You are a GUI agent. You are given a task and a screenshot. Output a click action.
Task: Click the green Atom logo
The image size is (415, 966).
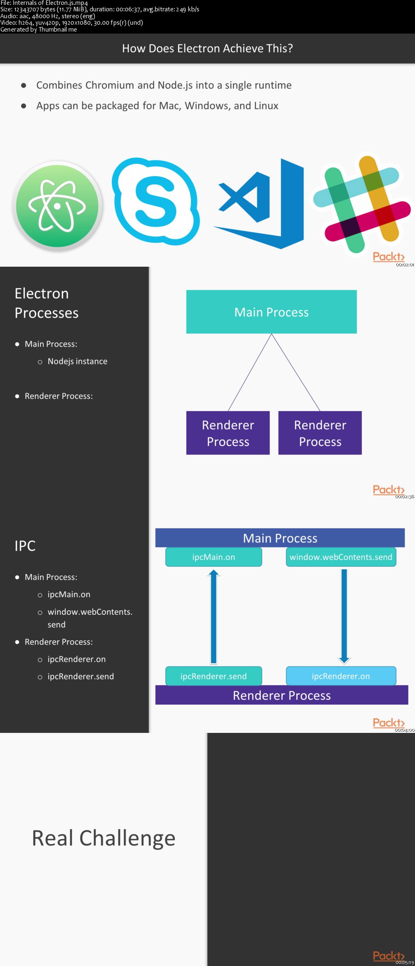(x=57, y=206)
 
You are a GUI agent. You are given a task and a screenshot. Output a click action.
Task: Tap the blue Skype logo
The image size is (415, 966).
(x=156, y=202)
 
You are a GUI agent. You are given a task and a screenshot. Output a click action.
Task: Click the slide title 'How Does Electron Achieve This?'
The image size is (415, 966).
(x=207, y=49)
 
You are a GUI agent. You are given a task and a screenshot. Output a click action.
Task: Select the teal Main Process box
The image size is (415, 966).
(x=272, y=312)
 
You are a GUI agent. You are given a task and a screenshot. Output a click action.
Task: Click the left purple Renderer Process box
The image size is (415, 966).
(x=228, y=433)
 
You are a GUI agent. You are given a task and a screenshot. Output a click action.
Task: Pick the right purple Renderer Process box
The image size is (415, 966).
(x=320, y=433)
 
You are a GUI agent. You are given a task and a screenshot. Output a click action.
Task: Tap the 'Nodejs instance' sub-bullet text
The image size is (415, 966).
(x=77, y=361)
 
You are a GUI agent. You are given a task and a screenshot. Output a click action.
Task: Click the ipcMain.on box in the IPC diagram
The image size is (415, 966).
(x=214, y=557)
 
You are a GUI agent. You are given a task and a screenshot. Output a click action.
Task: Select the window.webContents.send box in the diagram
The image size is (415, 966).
(x=341, y=557)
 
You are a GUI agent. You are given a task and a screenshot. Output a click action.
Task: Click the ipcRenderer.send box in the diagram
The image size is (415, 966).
(x=214, y=676)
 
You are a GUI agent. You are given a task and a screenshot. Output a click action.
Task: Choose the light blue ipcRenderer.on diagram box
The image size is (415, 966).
(x=341, y=676)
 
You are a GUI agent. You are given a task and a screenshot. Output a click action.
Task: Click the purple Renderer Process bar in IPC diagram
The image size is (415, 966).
(x=282, y=696)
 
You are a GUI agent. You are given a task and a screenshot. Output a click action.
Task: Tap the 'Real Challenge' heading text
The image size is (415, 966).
(x=104, y=838)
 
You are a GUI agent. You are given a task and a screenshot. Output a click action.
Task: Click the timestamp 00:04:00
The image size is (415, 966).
(x=404, y=730)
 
